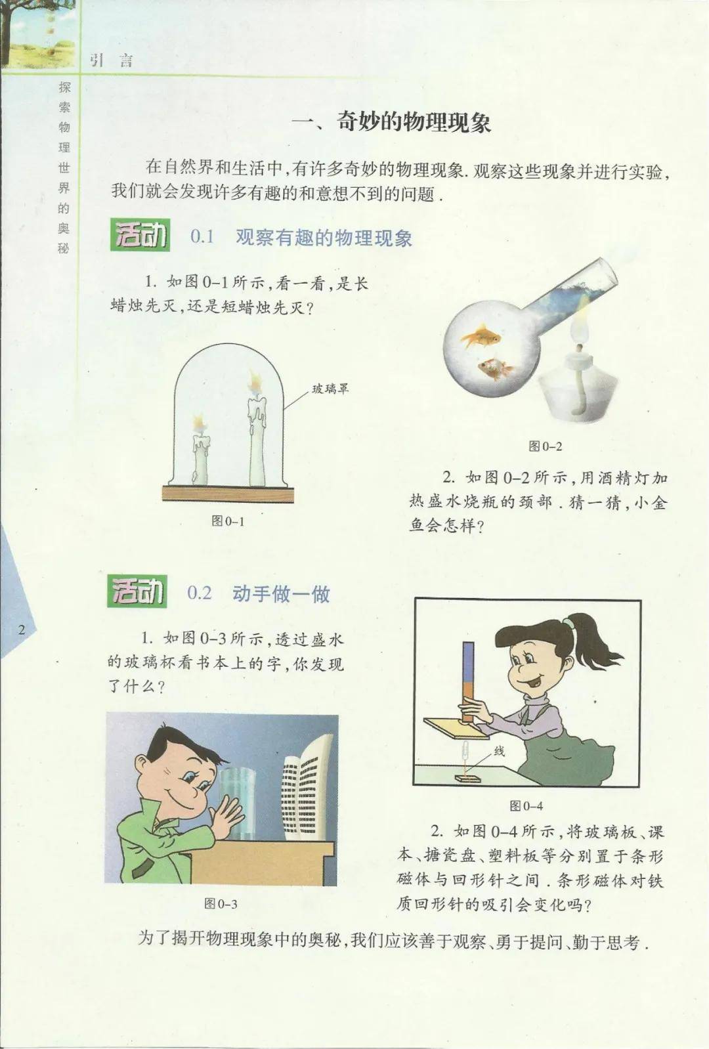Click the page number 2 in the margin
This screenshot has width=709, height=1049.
pyautogui.click(x=22, y=630)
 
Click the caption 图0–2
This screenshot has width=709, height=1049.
pyautogui.click(x=545, y=446)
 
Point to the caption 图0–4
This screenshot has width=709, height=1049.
pyautogui.click(x=526, y=805)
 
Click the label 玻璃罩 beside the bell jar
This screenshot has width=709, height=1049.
pyautogui.click(x=331, y=389)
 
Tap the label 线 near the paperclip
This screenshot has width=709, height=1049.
pyautogui.click(x=499, y=752)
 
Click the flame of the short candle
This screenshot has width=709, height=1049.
pyautogui.click(x=199, y=422)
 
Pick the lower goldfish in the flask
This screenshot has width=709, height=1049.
pyautogui.click(x=494, y=368)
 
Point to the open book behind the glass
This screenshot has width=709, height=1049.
pyautogui.click(x=307, y=786)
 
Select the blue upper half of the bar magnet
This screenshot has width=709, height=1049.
pyautogui.click(x=468, y=660)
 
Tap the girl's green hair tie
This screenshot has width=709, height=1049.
pyautogui.click(x=569, y=624)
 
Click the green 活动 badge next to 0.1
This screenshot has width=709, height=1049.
pyautogui.click(x=140, y=234)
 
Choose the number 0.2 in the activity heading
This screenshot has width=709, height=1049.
pyautogui.click(x=200, y=593)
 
